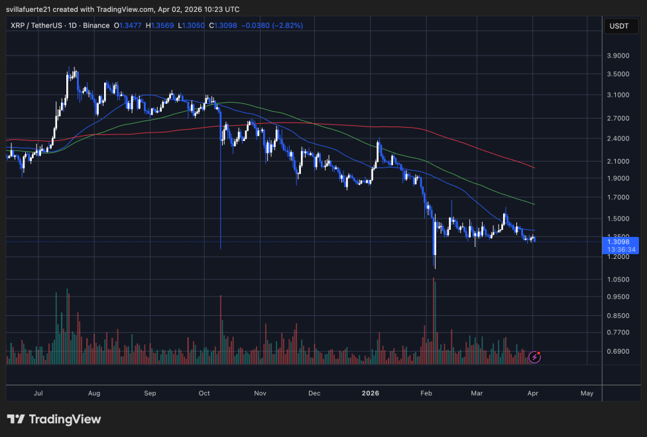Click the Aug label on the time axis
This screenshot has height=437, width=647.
[93, 393]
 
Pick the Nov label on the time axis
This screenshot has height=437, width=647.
[259, 393]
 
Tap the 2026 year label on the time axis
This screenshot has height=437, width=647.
[371, 393]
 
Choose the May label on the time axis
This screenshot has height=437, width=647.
[587, 393]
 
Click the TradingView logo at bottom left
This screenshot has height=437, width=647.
[54, 419]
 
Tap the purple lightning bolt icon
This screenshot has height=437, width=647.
[535, 358]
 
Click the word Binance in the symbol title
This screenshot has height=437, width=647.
[97, 26]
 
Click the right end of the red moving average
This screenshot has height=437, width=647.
[534, 168]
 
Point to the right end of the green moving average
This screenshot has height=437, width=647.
[534, 203]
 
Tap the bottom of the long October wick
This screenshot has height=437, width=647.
[220, 248]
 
